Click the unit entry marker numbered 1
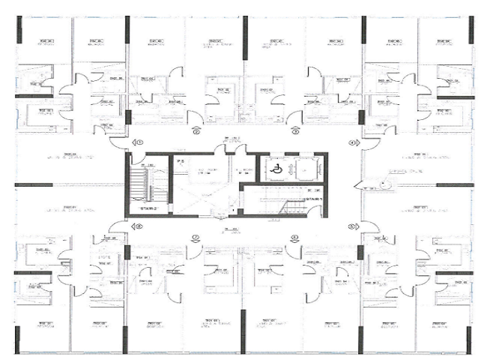(138, 142)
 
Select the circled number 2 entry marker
(196, 131)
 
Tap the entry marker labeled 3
(295, 131)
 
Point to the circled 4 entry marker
(351, 142)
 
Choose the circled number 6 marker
(294, 238)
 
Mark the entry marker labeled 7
(196, 238)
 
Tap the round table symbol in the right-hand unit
(385, 187)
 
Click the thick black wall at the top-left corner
(19, 29)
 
